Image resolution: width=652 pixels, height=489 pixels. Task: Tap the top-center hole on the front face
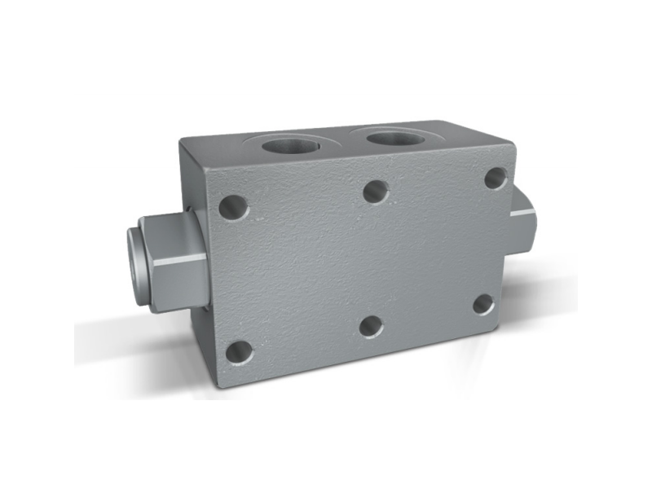pyautogui.click(x=375, y=192)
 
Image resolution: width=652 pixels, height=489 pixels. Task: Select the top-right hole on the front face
pyautogui.click(x=495, y=178)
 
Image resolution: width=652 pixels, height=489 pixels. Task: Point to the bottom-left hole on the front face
pyautogui.click(x=239, y=352)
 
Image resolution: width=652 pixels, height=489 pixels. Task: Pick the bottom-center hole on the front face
pyautogui.click(x=372, y=327)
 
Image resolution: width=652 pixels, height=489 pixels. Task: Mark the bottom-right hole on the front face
pyautogui.click(x=483, y=305)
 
